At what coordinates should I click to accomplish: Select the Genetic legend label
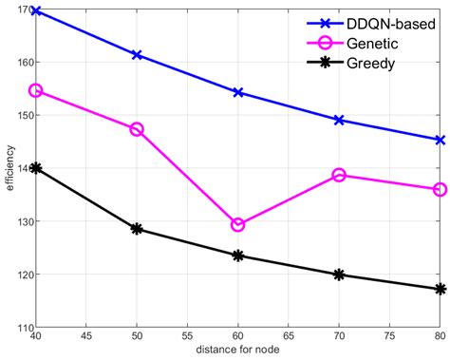(376, 44)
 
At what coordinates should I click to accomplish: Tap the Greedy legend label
(373, 66)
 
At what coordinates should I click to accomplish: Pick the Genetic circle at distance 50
(137, 129)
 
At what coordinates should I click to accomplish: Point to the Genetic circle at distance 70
(339, 175)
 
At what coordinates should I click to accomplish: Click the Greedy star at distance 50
(137, 229)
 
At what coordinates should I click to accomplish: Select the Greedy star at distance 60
(238, 256)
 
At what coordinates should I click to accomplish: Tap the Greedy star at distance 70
(339, 275)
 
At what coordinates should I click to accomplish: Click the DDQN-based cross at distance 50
(137, 55)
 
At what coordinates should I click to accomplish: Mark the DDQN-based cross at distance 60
(238, 92)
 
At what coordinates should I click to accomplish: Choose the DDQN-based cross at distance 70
(339, 120)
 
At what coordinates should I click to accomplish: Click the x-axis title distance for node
(238, 352)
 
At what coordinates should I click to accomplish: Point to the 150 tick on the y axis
(21, 116)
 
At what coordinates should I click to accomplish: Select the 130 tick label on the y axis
(21, 222)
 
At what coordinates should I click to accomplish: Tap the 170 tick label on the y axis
(21, 9)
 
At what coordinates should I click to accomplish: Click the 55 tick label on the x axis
(187, 337)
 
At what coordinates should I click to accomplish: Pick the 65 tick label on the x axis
(289, 337)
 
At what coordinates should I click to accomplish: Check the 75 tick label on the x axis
(389, 337)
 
